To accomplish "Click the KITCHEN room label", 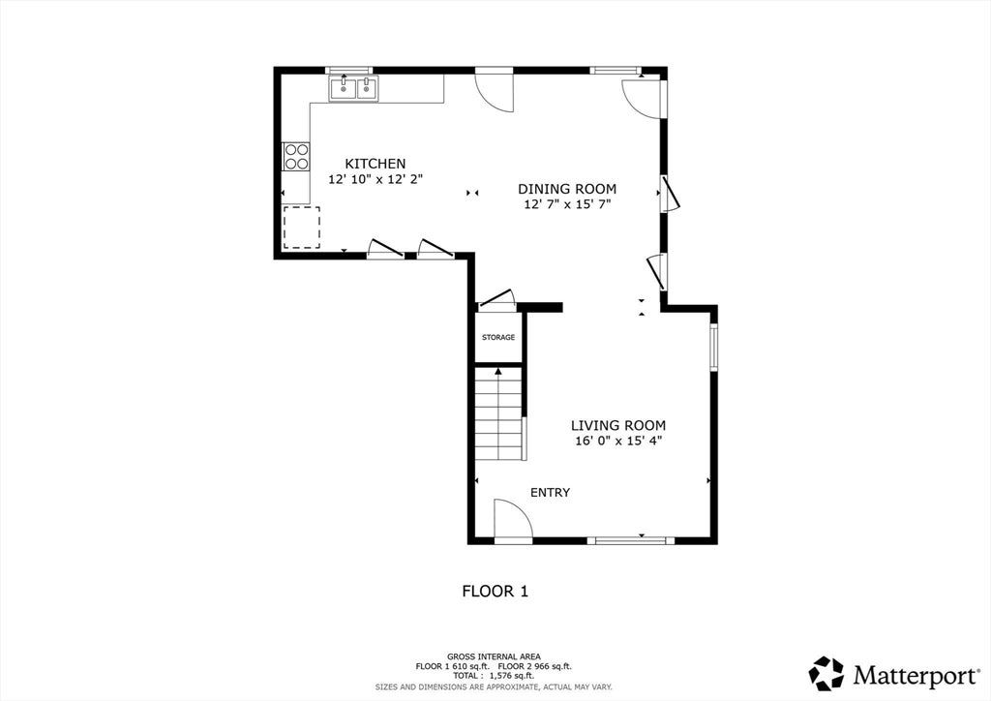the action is tap(375, 164).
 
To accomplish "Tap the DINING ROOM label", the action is tap(567, 189).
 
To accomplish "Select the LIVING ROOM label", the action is tap(618, 425).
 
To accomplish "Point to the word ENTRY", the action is tap(550, 493).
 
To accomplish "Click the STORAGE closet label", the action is tap(498, 338).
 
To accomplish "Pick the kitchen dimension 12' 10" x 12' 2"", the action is tap(375, 179).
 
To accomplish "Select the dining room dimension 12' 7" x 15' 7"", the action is tap(567, 204).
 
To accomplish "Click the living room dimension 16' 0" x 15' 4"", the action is tap(618, 442).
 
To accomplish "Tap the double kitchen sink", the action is tap(353, 88).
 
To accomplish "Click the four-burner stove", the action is tap(296, 157).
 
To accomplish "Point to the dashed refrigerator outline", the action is tap(302, 227).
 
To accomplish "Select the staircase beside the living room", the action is tap(499, 414).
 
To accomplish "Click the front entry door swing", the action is tap(513, 521).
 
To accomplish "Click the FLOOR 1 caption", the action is tap(495, 592).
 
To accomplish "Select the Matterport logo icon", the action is tap(826, 674).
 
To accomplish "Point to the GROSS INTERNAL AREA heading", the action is tap(494, 656).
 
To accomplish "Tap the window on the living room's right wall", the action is tap(713, 347).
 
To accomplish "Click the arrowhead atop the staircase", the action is tap(498, 371).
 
